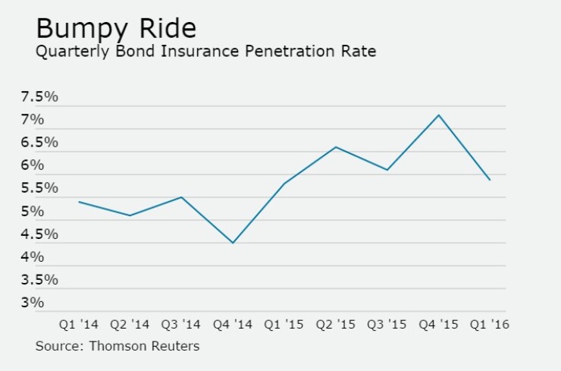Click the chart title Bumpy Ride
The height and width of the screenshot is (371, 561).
click(x=116, y=29)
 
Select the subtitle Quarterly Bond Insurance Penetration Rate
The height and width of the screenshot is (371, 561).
click(x=206, y=52)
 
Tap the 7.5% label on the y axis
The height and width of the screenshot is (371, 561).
click(x=39, y=97)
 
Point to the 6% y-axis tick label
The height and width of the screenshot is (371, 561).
click(x=33, y=165)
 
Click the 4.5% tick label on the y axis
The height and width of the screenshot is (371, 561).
click(x=39, y=234)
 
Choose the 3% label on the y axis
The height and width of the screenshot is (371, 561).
click(x=33, y=303)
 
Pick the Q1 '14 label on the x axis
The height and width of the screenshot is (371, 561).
click(x=79, y=325)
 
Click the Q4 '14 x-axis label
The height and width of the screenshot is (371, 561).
click(x=233, y=325)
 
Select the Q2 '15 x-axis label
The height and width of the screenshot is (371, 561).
click(x=336, y=325)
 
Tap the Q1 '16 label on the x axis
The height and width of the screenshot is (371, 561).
click(x=490, y=325)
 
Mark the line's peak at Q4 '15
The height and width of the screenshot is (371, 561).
click(x=438, y=115)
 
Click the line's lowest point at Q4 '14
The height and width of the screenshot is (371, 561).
click(x=233, y=243)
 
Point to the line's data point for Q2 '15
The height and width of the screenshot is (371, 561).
click(x=336, y=146)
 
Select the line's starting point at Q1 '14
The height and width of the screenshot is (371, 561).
click(x=79, y=202)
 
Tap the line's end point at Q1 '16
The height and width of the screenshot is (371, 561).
click(x=490, y=180)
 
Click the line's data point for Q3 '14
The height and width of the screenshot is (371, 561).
click(x=181, y=197)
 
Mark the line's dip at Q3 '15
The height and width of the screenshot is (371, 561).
click(x=387, y=170)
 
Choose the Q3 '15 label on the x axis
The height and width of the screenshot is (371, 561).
click(x=387, y=325)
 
